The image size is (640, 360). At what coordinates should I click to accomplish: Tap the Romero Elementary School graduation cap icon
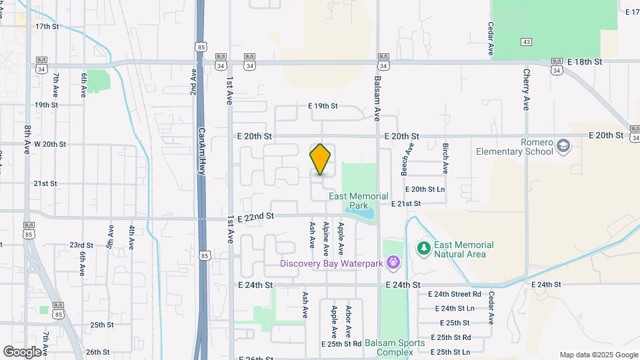click(563, 146)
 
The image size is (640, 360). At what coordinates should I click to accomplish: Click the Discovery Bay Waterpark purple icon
click(394, 263)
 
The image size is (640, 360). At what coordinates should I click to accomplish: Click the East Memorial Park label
click(359, 201)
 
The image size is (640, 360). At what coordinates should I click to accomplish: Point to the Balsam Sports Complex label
click(399, 347)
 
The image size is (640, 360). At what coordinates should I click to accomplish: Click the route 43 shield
click(527, 42)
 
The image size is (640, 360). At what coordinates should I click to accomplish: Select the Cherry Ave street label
click(526, 89)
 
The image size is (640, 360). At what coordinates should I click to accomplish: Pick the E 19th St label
click(323, 106)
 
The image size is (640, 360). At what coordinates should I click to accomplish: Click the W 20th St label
click(50, 144)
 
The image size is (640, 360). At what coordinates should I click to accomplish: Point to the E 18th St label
click(585, 61)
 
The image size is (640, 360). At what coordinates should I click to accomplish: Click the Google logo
click(22, 351)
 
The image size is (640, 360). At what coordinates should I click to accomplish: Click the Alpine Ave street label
click(326, 239)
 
